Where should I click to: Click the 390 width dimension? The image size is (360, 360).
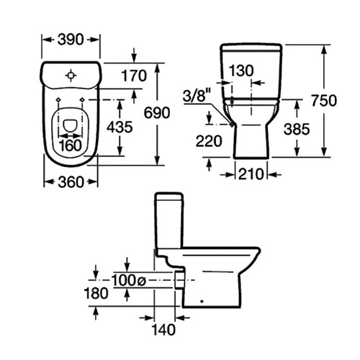[71, 40]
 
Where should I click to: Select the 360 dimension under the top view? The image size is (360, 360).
[71, 182]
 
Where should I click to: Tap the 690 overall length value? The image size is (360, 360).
[157, 112]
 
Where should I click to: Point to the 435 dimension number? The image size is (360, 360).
[120, 127]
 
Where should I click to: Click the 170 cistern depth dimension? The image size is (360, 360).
[134, 76]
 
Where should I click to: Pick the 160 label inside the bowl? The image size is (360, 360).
[71, 145]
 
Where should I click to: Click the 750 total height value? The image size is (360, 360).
[324, 100]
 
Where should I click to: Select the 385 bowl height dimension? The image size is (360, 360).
[297, 129]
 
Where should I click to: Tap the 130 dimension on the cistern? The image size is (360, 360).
[241, 71]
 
